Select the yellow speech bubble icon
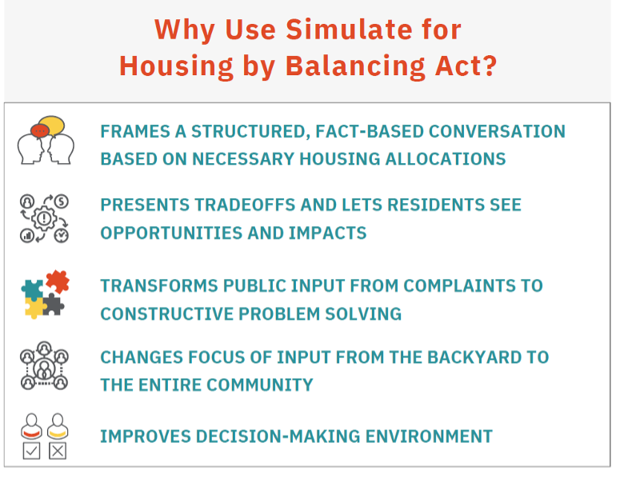[52, 125]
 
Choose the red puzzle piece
[58, 281]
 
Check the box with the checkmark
[31, 451]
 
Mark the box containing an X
[58, 451]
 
